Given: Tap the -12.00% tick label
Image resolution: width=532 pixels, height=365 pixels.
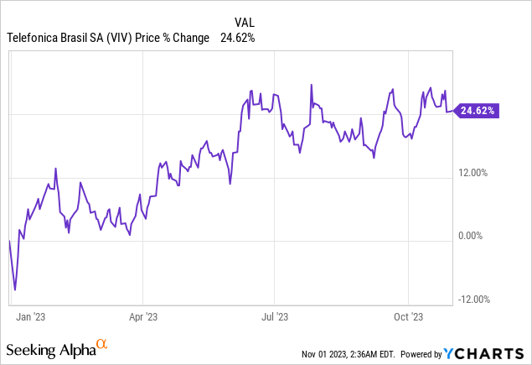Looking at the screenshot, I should click(x=474, y=300).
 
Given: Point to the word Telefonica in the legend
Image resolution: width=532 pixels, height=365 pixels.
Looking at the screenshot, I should click(x=32, y=38).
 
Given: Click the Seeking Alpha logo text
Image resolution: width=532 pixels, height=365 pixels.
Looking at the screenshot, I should click(x=50, y=347).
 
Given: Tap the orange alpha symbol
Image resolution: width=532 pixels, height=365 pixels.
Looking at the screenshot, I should click(x=102, y=344).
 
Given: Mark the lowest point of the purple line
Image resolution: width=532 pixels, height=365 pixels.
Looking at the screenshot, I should click(x=15, y=290).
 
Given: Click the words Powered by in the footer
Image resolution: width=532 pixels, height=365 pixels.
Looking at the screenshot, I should click(x=428, y=352).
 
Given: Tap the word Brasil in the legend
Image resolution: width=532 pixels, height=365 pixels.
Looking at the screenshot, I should click(x=76, y=38).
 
